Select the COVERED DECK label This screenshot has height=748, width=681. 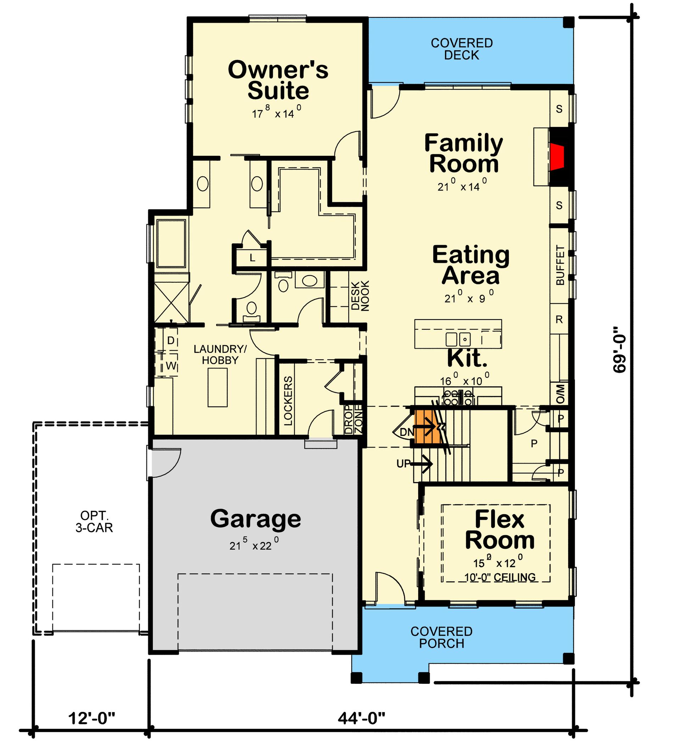(461, 49)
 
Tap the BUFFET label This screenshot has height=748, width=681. (560, 265)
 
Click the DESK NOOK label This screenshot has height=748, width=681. (360, 295)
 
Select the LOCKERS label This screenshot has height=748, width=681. (288, 401)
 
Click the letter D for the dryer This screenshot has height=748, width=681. (171, 340)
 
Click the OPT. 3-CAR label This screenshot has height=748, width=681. (94, 521)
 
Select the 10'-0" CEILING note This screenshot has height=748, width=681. (500, 577)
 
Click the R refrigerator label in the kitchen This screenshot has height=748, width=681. (559, 320)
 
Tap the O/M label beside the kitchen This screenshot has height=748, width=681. (560, 394)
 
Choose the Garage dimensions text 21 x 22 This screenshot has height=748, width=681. (254, 546)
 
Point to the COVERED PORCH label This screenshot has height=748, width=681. (441, 637)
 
